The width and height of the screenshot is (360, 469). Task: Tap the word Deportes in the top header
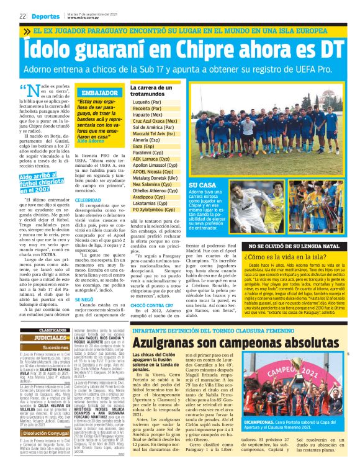click(46, 15)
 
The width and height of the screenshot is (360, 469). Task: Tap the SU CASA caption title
click(202, 185)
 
